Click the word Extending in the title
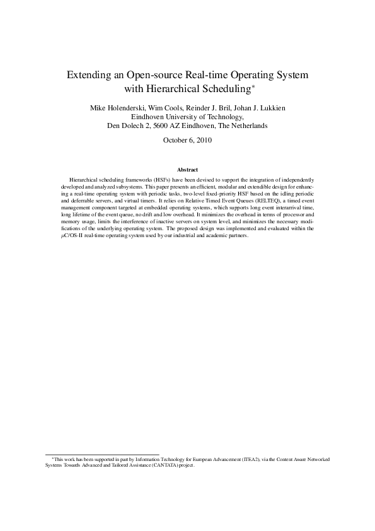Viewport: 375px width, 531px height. pyautogui.click(x=89, y=74)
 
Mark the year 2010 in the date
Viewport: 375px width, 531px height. pyautogui.click(x=203, y=141)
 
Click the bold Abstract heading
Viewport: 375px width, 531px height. pyautogui.click(x=187, y=170)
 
